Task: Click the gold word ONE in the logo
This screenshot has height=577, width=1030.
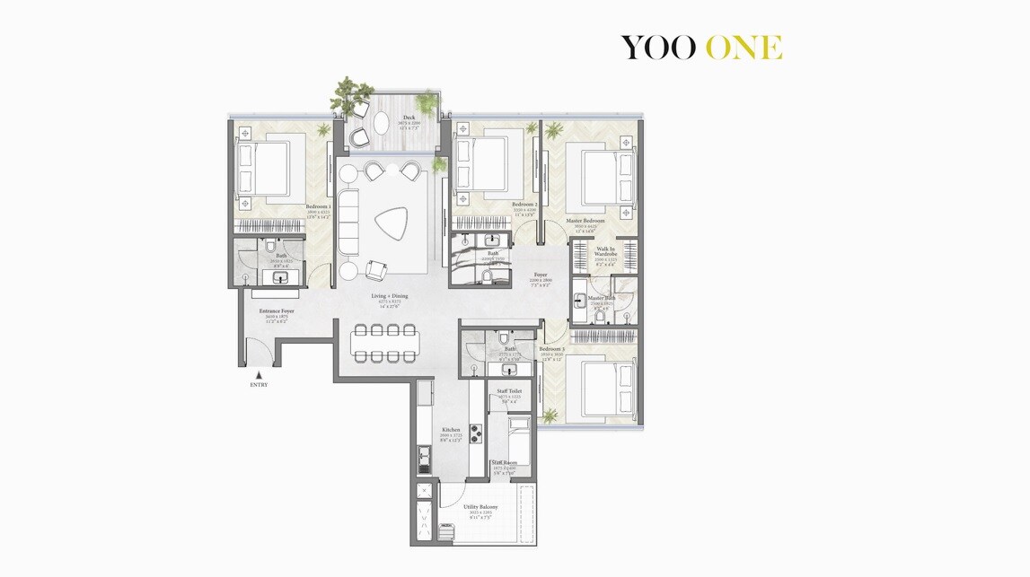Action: point(744,48)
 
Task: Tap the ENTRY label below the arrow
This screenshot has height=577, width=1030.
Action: point(259,385)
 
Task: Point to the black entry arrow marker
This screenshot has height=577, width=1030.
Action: point(259,374)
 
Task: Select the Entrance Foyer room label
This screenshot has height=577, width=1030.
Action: point(277,310)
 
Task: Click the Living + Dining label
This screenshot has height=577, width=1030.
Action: point(390,295)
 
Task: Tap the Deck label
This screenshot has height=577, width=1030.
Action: point(409,118)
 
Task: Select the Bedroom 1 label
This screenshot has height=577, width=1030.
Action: point(318,205)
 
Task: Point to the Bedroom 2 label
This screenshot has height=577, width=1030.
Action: point(524,205)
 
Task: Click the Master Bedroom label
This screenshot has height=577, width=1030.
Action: point(585,220)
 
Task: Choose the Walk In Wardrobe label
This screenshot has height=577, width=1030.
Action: point(605,251)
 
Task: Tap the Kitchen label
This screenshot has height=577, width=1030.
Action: point(451,430)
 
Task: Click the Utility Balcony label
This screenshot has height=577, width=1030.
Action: point(480,507)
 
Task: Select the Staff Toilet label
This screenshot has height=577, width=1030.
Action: point(509,391)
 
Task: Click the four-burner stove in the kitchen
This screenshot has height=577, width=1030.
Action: point(476,433)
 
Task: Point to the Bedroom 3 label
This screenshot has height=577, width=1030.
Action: point(551,348)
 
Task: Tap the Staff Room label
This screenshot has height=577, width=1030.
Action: point(504,463)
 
